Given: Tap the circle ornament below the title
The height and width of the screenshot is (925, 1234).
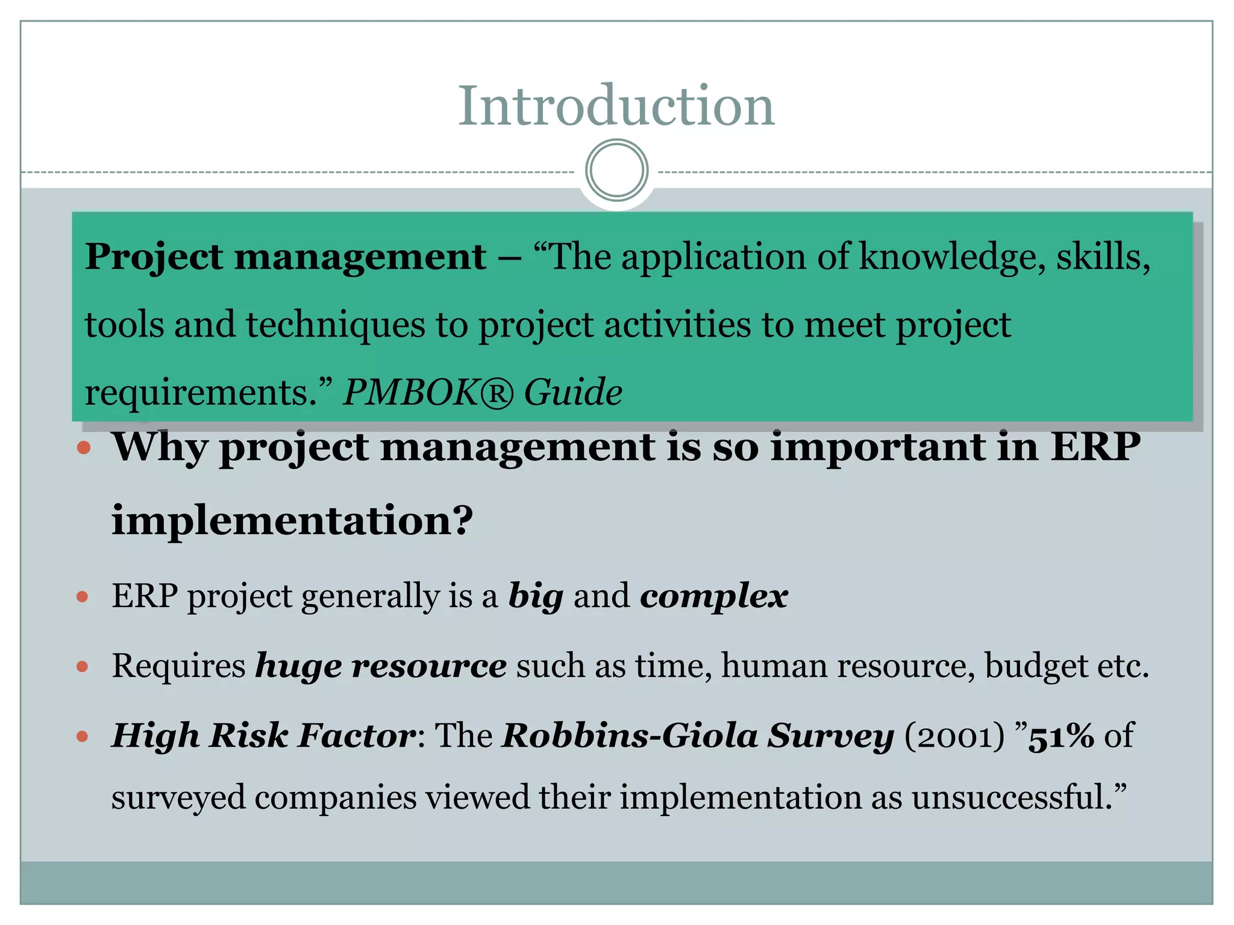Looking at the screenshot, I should click(616, 170).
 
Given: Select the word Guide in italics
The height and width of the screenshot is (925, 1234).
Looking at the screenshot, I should click(573, 392).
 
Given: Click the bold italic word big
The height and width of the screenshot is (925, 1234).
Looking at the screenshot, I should click(536, 597).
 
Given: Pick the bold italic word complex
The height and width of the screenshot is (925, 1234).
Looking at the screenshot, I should click(714, 597).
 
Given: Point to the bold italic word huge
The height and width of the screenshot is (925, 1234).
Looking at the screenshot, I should click(298, 667).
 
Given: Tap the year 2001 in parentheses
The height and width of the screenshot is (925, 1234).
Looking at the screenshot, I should click(954, 736).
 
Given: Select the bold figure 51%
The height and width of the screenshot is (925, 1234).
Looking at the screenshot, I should click(1060, 736).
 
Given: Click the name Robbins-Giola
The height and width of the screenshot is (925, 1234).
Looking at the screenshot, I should click(630, 736).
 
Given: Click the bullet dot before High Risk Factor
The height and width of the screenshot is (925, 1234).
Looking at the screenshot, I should click(83, 736).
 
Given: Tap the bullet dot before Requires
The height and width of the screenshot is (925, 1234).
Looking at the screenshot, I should click(83, 667).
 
